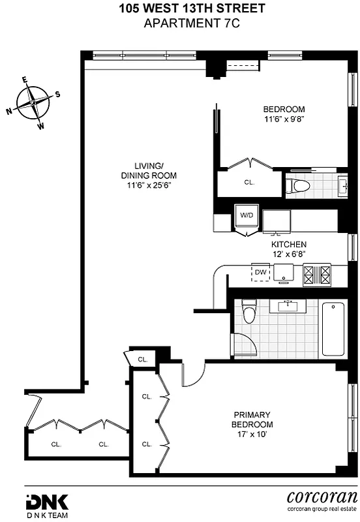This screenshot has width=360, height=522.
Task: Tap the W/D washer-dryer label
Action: (x=247, y=214)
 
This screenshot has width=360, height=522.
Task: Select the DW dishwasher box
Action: (x=261, y=271)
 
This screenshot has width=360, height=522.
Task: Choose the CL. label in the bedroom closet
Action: (x=249, y=183)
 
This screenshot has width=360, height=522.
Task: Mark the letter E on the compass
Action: (x=25, y=80)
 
